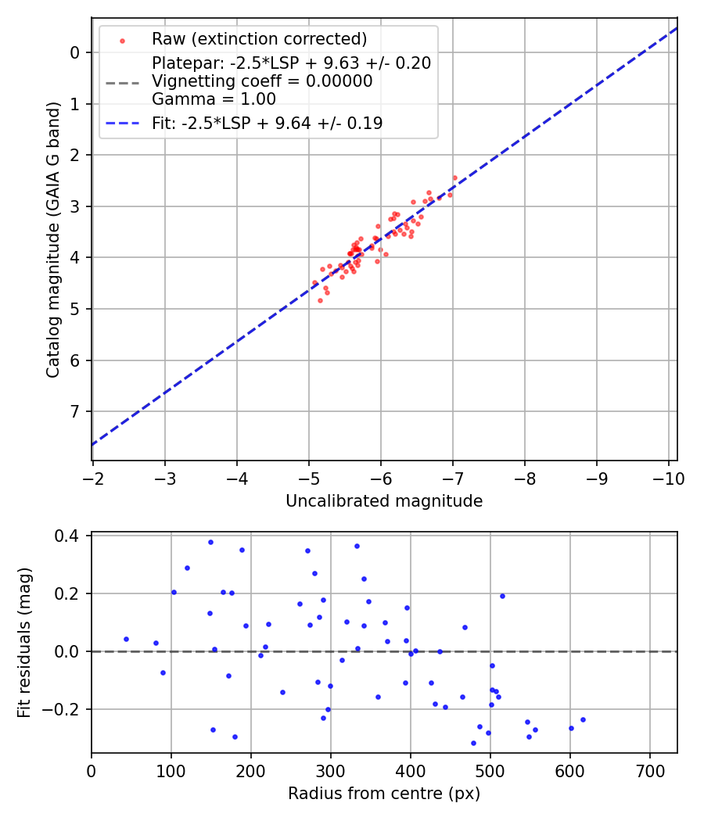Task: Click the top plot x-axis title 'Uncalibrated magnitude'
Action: tap(384, 501)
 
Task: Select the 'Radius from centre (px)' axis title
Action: tap(384, 794)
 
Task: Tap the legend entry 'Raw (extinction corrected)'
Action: tap(259, 39)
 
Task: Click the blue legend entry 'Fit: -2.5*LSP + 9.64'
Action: tap(267, 123)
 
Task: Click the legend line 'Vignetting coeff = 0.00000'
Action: tap(262, 81)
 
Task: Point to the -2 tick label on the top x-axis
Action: tap(93, 477)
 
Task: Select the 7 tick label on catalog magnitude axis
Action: tap(74, 411)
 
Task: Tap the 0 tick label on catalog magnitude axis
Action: tap(74, 52)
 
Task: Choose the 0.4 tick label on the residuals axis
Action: tap(70, 536)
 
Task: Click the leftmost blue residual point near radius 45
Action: tap(126, 639)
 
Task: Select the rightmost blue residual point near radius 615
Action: tap(583, 719)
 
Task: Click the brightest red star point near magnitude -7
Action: tap(454, 177)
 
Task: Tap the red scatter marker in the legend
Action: tap(121, 40)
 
